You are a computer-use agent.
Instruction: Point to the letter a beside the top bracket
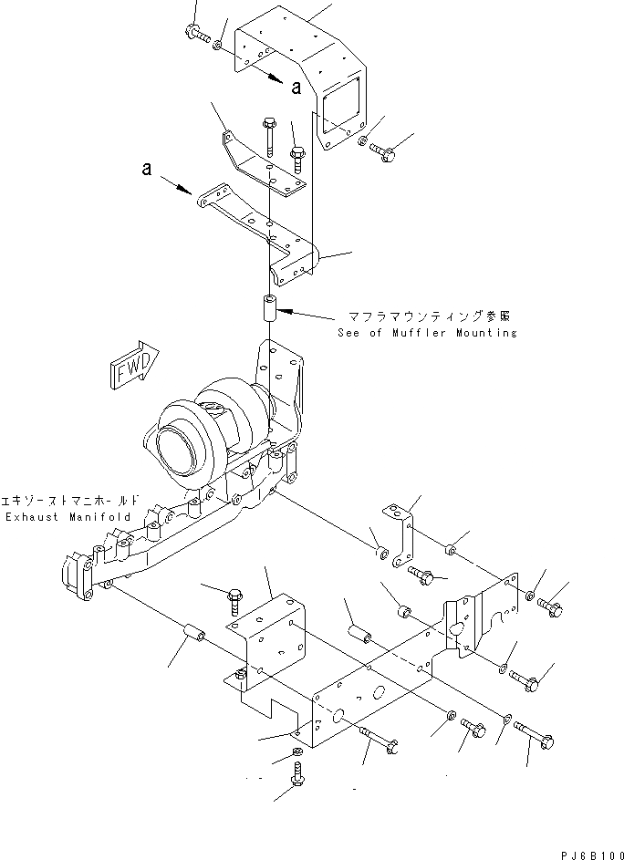point(296,88)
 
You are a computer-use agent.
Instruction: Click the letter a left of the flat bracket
point(145,169)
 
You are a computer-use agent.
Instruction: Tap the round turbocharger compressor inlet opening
point(175,449)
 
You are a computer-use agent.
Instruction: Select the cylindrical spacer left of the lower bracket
point(193,633)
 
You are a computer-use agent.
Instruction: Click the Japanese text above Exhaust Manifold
point(71,501)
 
